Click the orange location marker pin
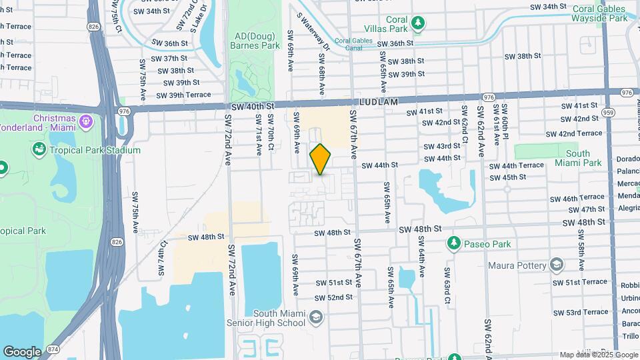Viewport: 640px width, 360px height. [x=321, y=159]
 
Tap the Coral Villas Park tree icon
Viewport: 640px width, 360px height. [x=418, y=23]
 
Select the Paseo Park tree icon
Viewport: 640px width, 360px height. [x=455, y=243]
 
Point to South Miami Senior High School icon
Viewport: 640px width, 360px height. [x=317, y=317]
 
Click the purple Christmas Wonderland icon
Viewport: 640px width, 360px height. [x=85, y=122]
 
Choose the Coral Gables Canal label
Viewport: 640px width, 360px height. [x=353, y=44]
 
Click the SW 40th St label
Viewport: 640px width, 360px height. [x=253, y=106]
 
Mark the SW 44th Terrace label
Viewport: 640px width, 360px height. [x=517, y=165]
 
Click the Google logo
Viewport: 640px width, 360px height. [x=22, y=351]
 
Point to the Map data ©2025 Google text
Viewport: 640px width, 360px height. [x=597, y=355]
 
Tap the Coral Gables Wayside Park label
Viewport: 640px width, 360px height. [x=599, y=13]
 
